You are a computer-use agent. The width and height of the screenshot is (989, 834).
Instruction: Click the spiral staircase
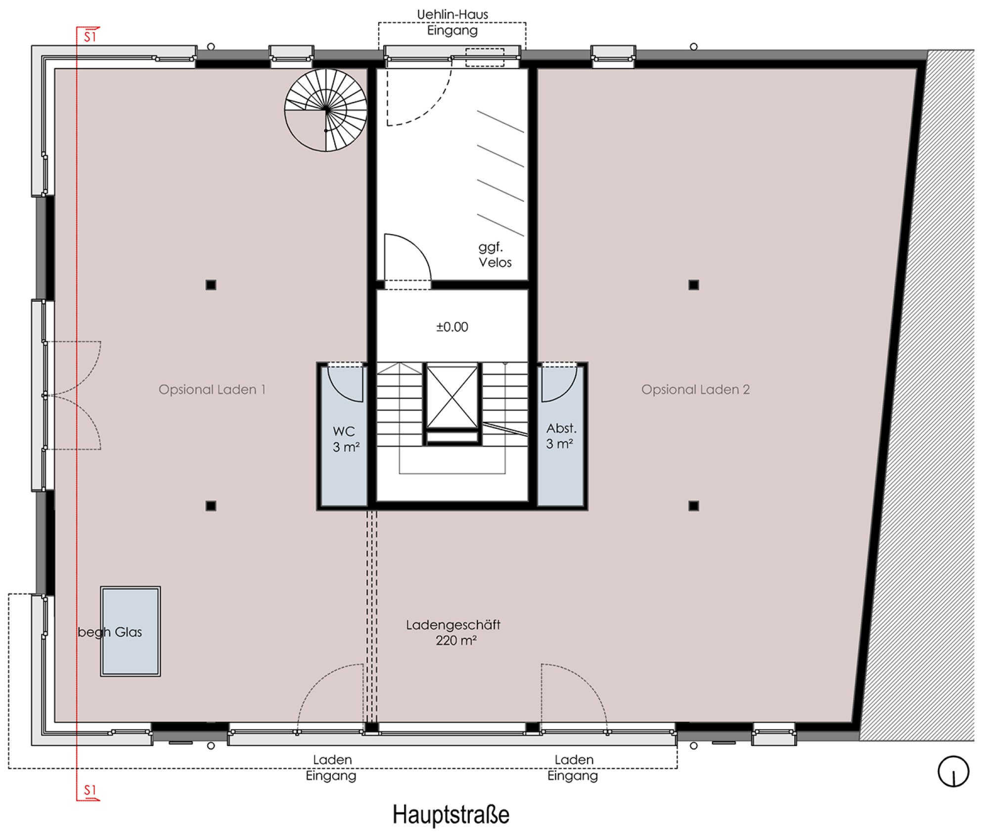(326, 110)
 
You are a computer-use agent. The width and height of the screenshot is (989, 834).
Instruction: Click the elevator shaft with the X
(452, 397)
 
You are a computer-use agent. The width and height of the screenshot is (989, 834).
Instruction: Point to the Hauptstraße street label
(451, 814)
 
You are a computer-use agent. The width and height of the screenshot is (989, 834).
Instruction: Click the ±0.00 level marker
(452, 327)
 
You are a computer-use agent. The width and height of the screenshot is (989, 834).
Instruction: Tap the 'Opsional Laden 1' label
(212, 390)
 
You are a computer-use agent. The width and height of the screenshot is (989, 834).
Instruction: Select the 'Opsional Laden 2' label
(695, 390)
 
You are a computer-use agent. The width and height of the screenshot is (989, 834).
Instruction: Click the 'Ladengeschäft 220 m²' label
(453, 633)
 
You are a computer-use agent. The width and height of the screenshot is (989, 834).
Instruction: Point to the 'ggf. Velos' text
(494, 255)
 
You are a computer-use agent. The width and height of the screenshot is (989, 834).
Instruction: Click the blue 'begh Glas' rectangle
(131, 631)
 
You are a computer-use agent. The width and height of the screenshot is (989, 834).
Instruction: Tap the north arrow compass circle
(953, 771)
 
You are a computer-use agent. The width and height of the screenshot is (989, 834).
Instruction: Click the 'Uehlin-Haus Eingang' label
(452, 22)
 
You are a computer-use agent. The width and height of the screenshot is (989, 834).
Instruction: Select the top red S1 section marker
(89, 35)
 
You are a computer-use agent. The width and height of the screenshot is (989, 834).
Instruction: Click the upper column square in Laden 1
(211, 285)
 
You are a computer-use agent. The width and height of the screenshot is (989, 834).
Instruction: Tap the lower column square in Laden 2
(694, 506)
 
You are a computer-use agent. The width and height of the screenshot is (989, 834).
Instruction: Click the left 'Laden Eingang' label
(331, 767)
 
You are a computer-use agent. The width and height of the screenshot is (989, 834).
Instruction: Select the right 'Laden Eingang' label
(573, 767)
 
